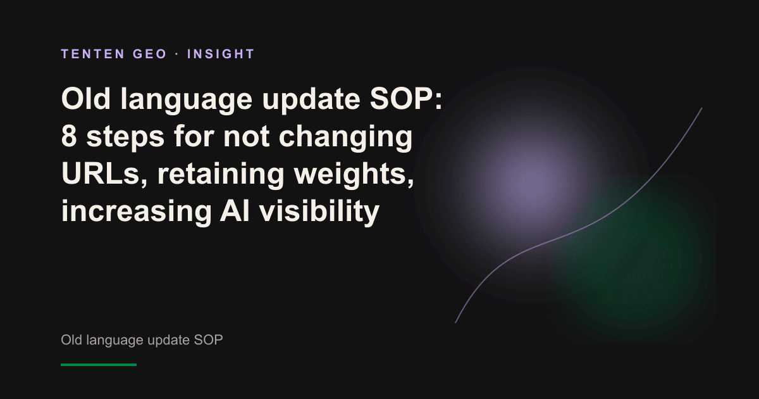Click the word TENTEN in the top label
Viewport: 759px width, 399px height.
point(93,54)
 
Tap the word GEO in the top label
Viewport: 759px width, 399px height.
point(150,54)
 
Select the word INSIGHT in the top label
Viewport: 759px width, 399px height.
point(221,54)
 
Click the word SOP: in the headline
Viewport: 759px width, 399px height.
point(406,99)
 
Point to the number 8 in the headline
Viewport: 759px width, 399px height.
point(69,136)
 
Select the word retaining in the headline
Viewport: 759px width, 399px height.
point(221,175)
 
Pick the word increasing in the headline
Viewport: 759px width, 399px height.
point(137,212)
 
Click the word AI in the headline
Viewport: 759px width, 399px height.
point(235,211)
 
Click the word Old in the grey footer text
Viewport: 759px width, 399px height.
point(71,339)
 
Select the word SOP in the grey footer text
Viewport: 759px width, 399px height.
point(208,339)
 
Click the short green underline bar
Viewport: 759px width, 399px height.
point(99,365)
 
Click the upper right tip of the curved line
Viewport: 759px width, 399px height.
point(701,108)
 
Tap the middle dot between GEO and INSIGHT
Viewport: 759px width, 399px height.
point(177,54)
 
